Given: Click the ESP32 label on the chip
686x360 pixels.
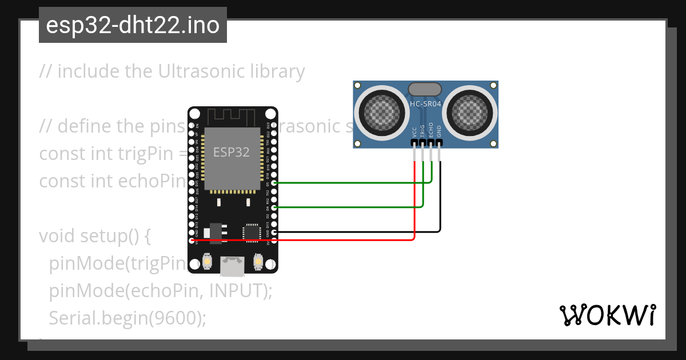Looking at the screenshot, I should click(231, 152).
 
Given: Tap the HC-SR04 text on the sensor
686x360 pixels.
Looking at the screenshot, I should click(425, 103).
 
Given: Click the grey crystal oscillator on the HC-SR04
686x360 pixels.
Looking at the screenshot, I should click(425, 89).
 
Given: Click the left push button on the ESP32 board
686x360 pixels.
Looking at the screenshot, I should click(208, 262).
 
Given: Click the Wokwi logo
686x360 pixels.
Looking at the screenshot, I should click(608, 315).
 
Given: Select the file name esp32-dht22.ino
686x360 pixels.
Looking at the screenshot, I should click(133, 25).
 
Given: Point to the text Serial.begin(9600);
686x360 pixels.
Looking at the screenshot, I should click(127, 317).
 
